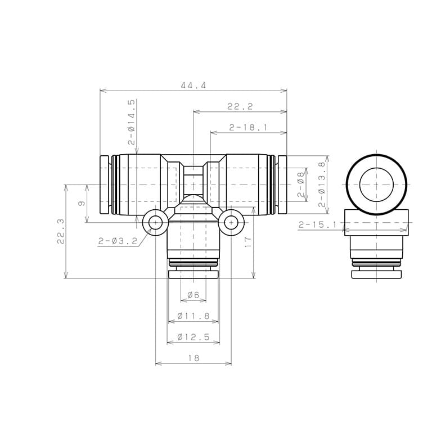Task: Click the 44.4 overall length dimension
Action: (x=193, y=85)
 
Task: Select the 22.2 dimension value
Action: (x=240, y=106)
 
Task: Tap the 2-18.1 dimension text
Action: (x=248, y=128)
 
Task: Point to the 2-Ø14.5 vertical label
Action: (x=132, y=122)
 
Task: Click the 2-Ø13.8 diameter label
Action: (x=322, y=184)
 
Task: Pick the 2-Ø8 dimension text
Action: (x=301, y=184)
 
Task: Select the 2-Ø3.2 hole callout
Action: (x=118, y=241)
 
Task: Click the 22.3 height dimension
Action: (x=61, y=231)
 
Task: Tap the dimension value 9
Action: (x=82, y=204)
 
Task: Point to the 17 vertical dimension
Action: (x=248, y=242)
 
